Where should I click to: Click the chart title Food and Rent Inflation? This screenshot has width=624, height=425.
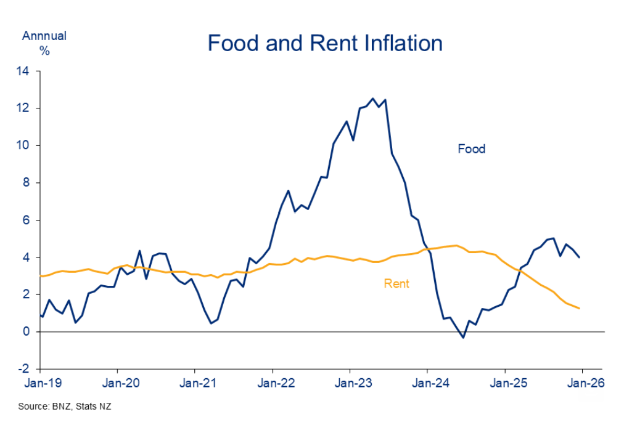[325, 43]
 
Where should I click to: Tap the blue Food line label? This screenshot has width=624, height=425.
[471, 148]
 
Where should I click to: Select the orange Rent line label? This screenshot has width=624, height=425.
[396, 283]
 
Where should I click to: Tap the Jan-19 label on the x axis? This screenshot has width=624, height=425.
[40, 382]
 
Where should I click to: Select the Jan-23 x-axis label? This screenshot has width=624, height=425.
[350, 382]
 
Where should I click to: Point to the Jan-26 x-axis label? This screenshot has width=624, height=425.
[583, 382]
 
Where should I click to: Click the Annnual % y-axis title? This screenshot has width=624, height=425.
[44, 42]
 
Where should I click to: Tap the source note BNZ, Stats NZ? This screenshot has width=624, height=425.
[65, 407]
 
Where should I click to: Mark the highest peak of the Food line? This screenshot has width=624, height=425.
[372, 98]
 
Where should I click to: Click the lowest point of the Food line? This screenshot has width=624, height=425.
[462, 338]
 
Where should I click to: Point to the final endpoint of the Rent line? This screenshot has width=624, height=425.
[579, 308]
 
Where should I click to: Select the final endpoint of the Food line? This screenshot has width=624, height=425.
[579, 257]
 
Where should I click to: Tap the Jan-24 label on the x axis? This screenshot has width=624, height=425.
[428, 382]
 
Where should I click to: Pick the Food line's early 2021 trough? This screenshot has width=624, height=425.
[211, 323]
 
